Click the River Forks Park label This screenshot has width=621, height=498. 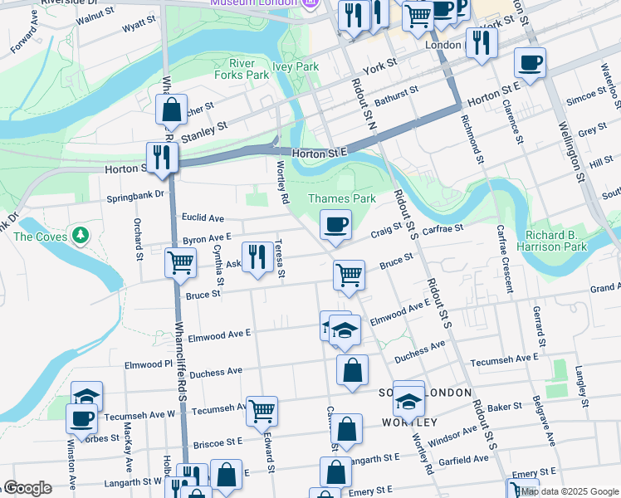point(249,69)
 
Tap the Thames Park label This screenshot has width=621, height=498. point(342,198)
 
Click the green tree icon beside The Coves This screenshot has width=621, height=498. point(81,236)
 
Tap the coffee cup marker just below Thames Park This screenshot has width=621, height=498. point(335,225)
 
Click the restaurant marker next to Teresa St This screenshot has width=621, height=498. point(256,257)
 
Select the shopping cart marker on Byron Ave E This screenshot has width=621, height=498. point(180,264)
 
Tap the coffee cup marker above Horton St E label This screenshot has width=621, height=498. point(529,62)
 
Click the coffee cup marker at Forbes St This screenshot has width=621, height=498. point(81,420)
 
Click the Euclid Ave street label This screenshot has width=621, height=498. point(203,218)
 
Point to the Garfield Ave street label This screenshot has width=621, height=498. point(464,459)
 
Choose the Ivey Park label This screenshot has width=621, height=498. point(296,66)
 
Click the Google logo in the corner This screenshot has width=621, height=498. point(27,488)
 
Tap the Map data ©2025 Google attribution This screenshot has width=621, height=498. point(570,491)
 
